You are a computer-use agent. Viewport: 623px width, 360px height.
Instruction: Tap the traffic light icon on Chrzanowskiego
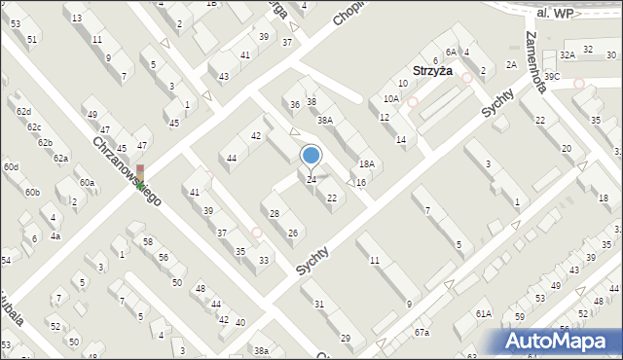[x=140, y=176]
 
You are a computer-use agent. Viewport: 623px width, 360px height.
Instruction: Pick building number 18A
[x=366, y=165]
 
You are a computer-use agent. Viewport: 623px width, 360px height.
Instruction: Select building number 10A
[x=390, y=99]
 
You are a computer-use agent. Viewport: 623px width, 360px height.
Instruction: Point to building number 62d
[x=23, y=113]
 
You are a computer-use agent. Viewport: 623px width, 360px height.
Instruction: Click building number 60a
[x=88, y=183]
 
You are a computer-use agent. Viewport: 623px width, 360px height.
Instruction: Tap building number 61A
[x=484, y=313]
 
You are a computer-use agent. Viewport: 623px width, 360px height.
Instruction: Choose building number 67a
[x=421, y=334]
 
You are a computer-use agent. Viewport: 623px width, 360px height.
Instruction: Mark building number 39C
[x=552, y=76]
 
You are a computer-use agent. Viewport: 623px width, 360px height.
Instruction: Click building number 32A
[x=568, y=55]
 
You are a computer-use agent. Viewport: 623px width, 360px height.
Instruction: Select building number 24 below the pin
[x=311, y=180]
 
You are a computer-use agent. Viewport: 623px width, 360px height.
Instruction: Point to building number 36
[x=294, y=105]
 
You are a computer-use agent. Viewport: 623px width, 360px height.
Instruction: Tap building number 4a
[x=55, y=236]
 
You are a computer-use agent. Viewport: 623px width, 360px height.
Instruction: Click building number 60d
[x=11, y=167]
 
